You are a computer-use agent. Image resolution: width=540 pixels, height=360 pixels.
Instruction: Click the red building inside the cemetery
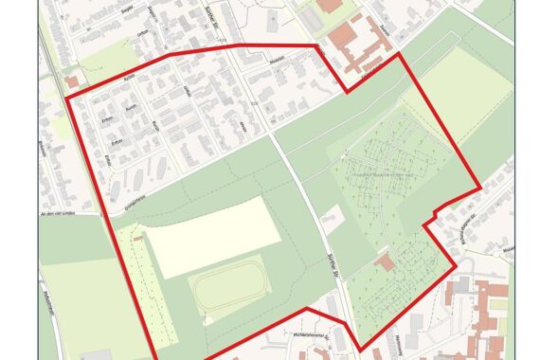pyautogui.click(x=383, y=260)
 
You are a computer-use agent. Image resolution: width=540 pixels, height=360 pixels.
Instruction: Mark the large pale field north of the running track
pyautogui.click(x=212, y=237)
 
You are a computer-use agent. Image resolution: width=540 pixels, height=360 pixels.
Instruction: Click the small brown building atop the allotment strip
pyautogui.click(x=138, y=238)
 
